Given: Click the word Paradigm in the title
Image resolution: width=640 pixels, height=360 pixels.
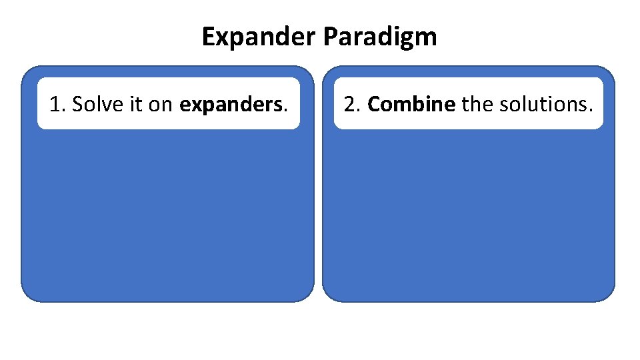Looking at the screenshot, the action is coord(380,37).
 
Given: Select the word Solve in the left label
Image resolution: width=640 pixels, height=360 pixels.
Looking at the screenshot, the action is coord(93,104).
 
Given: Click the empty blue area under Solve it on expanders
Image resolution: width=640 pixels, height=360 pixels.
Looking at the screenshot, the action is coord(167,213).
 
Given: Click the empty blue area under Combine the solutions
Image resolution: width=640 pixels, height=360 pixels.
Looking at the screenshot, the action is coord(468,213).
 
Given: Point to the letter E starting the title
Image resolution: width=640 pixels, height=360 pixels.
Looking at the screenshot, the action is coord(207,37).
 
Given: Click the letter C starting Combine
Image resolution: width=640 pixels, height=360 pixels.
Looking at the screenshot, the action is coord(373,104).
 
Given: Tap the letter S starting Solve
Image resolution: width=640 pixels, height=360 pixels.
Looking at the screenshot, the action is coord(76,104).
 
